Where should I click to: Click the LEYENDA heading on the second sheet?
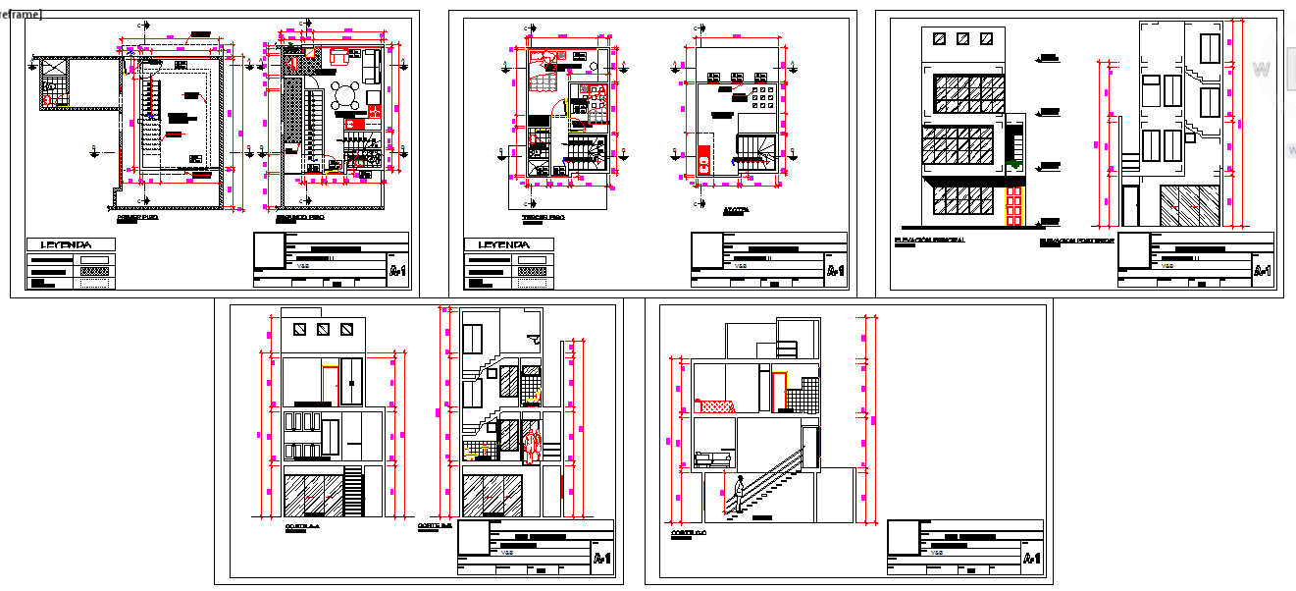click(503, 244)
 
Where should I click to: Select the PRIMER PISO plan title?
click(137, 218)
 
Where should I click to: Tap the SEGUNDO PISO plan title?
click(299, 218)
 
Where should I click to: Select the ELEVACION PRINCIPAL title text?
click(929, 240)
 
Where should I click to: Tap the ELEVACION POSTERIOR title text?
click(1076, 240)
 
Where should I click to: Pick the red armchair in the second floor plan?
click(339, 57)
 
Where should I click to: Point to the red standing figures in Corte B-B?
click(532, 445)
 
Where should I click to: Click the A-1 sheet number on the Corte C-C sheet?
click(1030, 559)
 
